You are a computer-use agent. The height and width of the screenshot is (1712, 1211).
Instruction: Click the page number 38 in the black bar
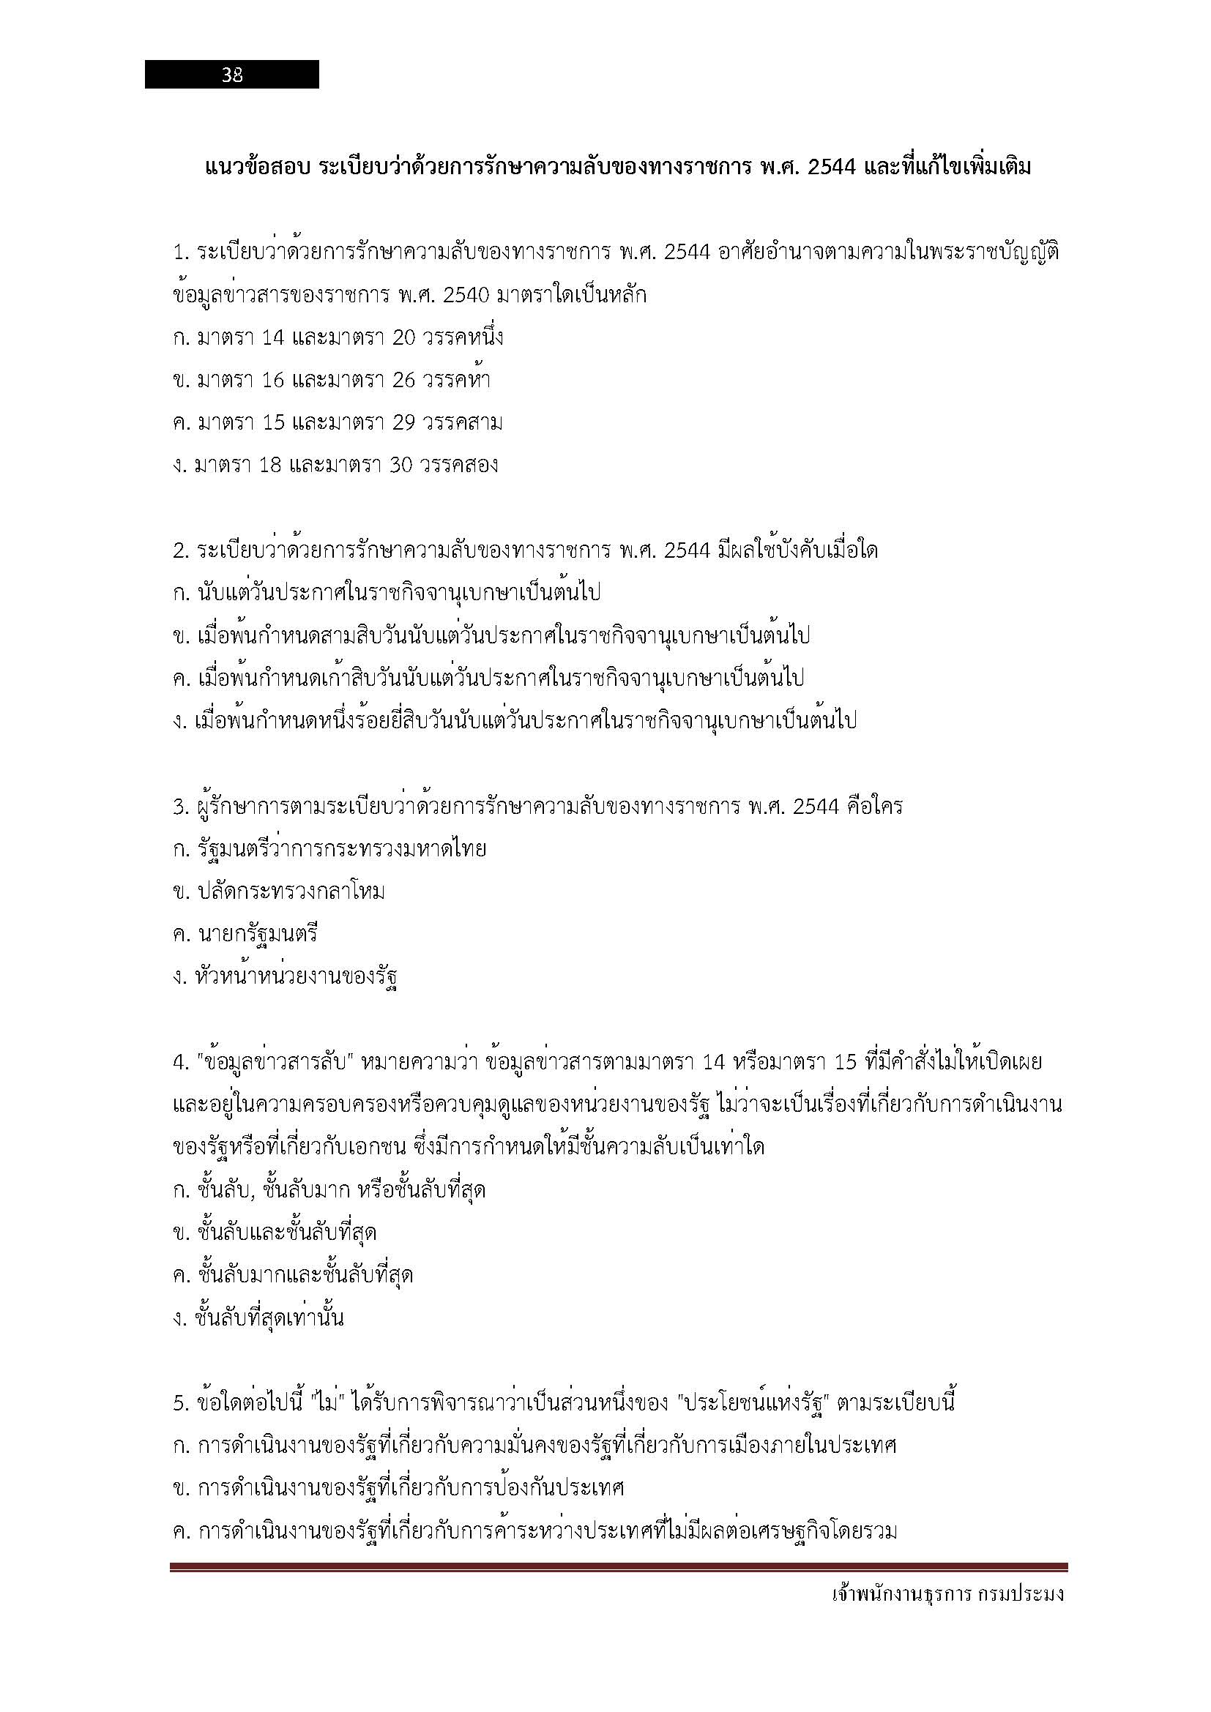232,75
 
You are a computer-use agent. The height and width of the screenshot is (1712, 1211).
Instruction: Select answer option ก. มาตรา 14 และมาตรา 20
338,337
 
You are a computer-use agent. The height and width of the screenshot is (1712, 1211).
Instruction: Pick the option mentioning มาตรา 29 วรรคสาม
337,423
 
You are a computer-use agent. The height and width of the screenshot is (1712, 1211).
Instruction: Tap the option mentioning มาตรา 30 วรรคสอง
335,466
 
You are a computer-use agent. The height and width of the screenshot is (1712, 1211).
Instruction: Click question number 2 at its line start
180,551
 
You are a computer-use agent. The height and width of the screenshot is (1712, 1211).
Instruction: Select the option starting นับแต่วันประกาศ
387,593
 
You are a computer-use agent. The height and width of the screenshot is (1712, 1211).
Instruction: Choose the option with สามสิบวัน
491,635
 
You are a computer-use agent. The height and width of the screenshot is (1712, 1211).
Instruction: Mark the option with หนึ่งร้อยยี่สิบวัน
515,720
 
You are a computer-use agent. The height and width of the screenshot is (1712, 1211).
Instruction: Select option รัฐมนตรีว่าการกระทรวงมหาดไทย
329,848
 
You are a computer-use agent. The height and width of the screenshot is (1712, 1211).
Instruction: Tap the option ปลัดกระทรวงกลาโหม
279,891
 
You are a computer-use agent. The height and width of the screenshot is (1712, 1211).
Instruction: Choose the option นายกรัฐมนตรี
245,933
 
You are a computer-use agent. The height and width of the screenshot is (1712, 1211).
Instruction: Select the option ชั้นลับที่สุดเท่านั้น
258,1317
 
